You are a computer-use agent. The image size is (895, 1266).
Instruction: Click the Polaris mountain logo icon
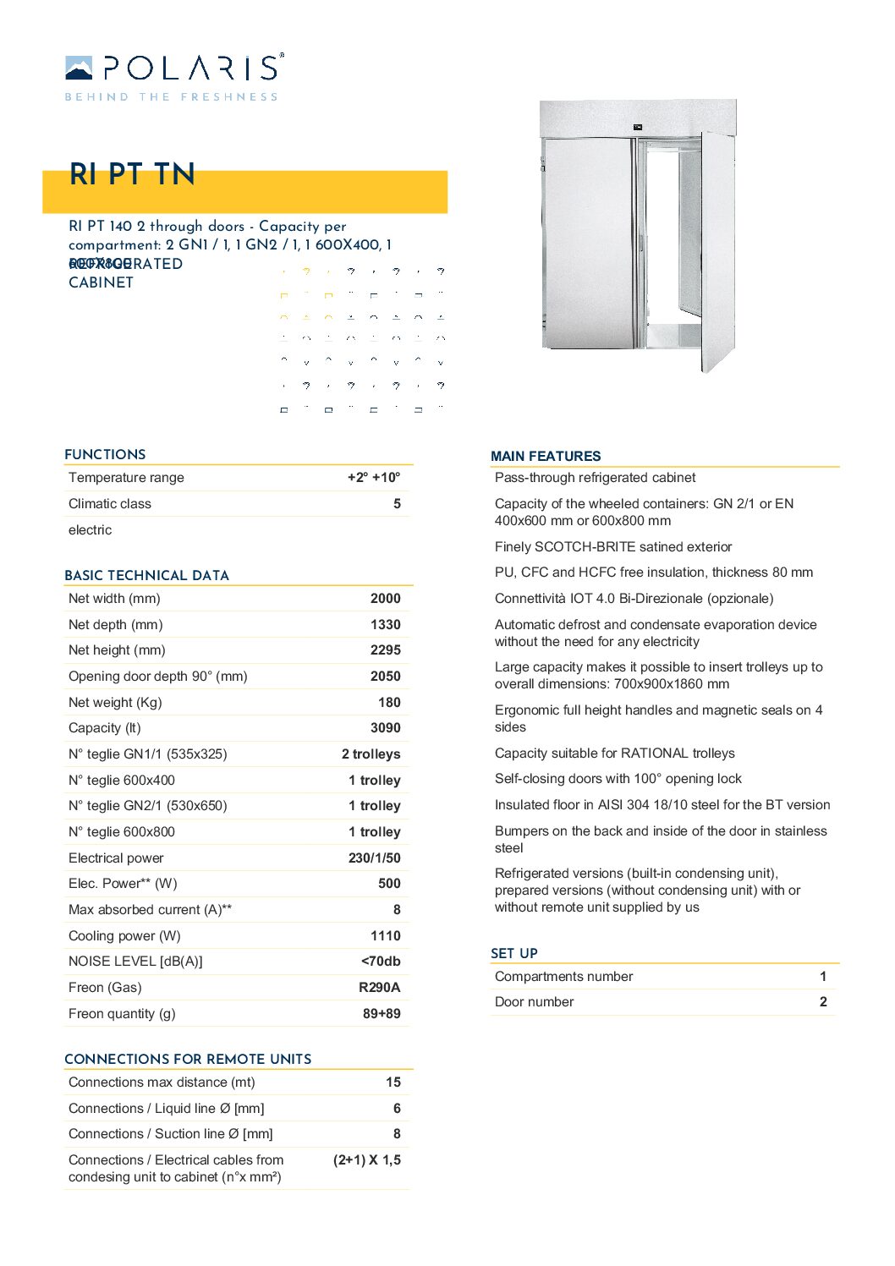click(x=79, y=68)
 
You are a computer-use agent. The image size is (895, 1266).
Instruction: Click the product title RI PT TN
click(x=132, y=174)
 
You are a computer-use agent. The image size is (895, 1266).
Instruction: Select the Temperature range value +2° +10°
click(x=374, y=478)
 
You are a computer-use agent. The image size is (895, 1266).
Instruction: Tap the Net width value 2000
click(x=385, y=599)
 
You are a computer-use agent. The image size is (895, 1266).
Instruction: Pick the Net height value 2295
click(x=385, y=650)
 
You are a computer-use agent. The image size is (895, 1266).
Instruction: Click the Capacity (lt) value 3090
click(x=385, y=728)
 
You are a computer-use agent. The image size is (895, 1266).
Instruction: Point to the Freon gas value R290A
click(x=379, y=988)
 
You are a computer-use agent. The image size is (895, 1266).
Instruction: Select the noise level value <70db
click(x=381, y=962)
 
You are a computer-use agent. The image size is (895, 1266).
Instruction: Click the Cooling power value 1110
click(x=385, y=936)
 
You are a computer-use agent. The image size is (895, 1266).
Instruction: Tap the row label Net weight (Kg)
click(x=115, y=703)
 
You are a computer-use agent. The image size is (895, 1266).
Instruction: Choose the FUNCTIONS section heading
click(x=105, y=455)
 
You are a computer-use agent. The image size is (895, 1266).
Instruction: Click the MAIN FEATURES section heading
click(x=546, y=457)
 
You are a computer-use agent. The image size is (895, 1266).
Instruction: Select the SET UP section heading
click(x=514, y=954)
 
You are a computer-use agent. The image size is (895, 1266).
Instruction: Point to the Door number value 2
click(x=823, y=1002)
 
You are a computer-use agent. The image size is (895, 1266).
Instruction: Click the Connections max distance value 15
click(x=393, y=1082)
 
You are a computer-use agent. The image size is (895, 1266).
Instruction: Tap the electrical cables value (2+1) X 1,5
click(x=367, y=1160)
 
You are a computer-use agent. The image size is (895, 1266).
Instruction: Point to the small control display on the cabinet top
click(x=637, y=127)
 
